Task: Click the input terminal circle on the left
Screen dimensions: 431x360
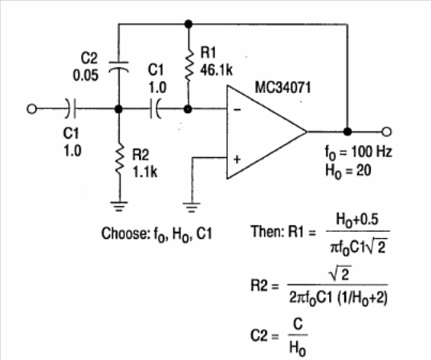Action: (31, 109)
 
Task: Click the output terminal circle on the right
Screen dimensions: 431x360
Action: (387, 131)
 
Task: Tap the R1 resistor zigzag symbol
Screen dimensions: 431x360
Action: (189, 65)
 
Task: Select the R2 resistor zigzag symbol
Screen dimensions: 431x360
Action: (119, 160)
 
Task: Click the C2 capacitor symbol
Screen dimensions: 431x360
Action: (119, 67)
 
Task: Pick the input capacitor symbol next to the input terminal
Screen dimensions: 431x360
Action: (71, 108)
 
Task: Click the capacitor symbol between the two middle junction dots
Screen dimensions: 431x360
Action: (155, 109)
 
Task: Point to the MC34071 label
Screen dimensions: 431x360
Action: (283, 87)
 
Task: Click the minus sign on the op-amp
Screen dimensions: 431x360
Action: (238, 110)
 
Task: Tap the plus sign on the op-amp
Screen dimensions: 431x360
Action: (237, 159)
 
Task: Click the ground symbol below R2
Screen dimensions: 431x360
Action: (119, 207)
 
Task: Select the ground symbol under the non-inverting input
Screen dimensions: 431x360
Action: (192, 208)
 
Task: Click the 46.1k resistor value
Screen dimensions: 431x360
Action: (217, 71)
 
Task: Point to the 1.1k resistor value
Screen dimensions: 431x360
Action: (144, 172)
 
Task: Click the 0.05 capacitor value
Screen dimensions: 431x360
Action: (86, 75)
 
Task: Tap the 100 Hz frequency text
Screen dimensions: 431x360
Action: (372, 152)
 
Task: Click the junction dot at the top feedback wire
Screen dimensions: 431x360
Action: (189, 24)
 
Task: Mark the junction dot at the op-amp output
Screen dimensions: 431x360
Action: (348, 131)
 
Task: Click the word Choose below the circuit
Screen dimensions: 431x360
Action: (125, 233)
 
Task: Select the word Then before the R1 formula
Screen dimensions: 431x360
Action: (267, 232)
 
